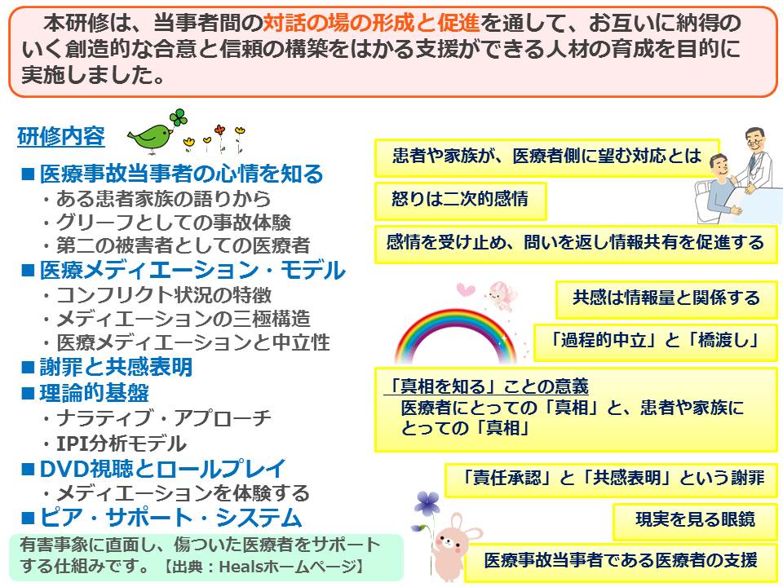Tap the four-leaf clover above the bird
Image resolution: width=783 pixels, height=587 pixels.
point(179,117)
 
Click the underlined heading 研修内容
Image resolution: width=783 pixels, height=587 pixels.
point(61,136)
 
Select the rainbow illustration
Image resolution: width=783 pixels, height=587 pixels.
point(455,335)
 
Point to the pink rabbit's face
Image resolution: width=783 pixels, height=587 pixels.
point(450,542)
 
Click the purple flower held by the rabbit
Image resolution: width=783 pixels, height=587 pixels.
point(428,503)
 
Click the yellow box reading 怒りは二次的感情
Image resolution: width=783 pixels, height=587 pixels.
point(460,201)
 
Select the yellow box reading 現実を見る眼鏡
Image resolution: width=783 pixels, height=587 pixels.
point(695,521)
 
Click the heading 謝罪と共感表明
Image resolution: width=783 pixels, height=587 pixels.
point(116,368)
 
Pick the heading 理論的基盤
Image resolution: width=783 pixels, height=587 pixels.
point(94,393)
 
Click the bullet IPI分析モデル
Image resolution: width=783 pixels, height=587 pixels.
point(122,444)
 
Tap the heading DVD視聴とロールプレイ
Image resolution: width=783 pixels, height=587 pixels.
point(162,469)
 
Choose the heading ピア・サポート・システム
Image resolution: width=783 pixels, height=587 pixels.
point(170,518)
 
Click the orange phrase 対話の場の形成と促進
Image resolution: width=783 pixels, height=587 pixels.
point(371,23)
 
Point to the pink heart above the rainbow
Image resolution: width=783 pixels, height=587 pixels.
point(466,289)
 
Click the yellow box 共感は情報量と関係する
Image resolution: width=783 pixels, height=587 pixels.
point(666,299)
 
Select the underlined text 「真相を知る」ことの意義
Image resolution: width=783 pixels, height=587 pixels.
point(489,386)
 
